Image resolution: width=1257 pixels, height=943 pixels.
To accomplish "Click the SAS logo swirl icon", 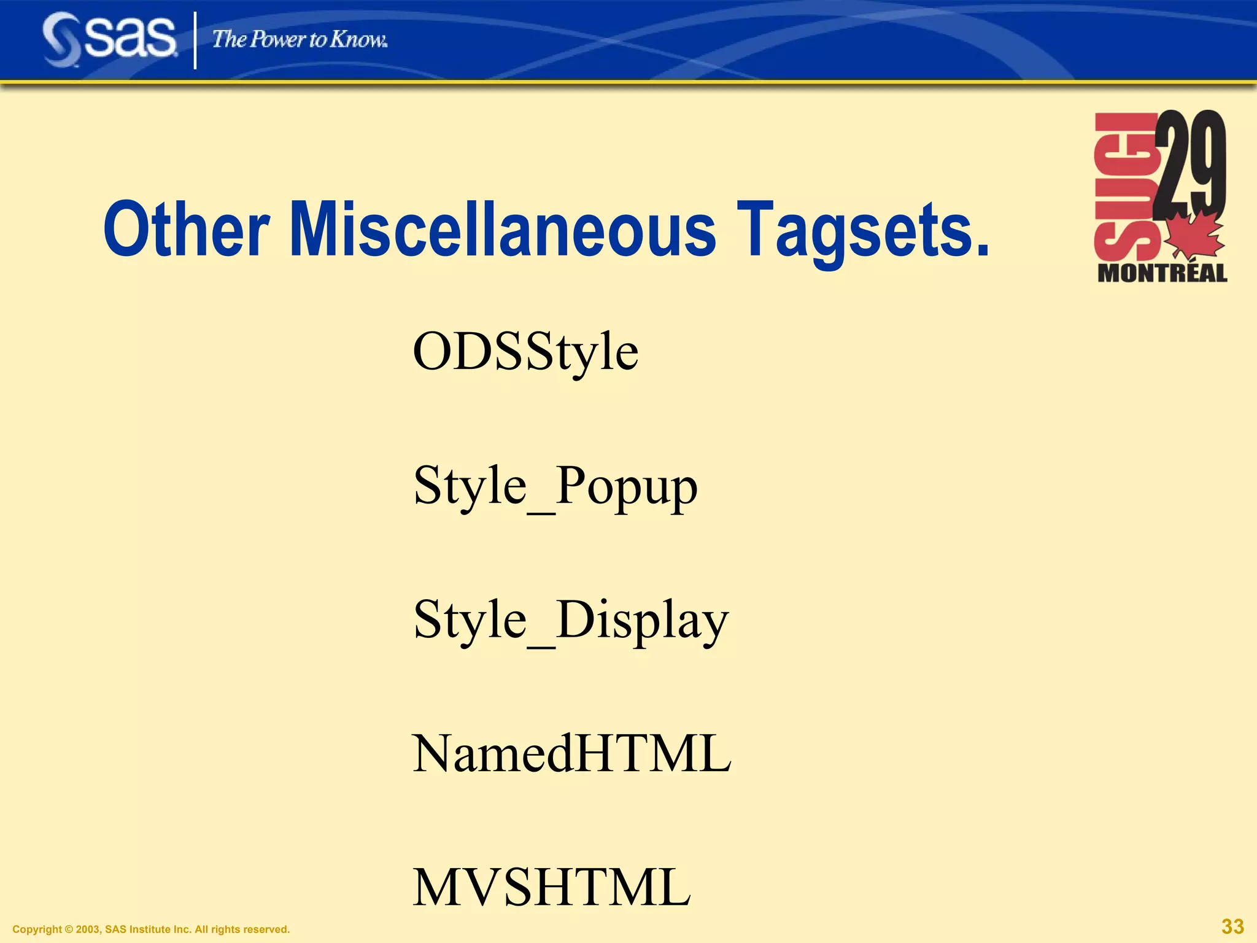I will tap(61, 41).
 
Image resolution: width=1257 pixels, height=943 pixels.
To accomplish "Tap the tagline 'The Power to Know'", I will tap(300, 40).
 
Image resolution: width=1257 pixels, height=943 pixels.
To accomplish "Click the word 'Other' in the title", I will tap(186, 230).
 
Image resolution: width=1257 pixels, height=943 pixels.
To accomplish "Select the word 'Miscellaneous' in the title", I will tap(502, 230).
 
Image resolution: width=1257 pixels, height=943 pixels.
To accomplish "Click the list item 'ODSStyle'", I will tap(525, 352).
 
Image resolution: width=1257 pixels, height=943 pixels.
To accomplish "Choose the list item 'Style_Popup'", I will tap(555, 487).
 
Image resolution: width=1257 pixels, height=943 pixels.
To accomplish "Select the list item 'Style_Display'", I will tap(571, 621).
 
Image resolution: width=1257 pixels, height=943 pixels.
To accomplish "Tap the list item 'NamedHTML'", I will tap(571, 754).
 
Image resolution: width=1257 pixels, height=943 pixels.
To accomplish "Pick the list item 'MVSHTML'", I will tap(551, 887).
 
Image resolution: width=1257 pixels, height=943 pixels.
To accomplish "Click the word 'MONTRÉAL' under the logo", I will tap(1162, 273).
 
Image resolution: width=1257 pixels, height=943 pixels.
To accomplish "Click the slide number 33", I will tap(1232, 926).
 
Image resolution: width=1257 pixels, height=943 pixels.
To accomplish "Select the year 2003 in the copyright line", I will tap(88, 929).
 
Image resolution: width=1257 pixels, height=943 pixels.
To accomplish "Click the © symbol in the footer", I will tap(68, 929).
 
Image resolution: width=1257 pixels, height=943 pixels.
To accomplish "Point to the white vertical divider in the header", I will tap(195, 41).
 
